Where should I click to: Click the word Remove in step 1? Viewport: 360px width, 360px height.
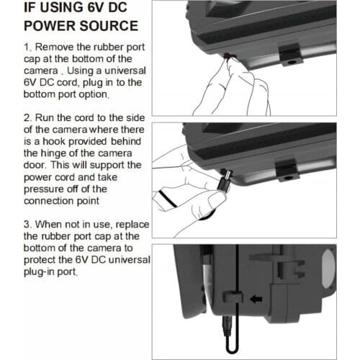coord(54,47)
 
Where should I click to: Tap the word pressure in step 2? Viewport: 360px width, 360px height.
coord(45,189)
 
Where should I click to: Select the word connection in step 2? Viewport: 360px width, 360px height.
coord(49,201)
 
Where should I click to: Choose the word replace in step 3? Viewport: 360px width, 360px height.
coord(132,225)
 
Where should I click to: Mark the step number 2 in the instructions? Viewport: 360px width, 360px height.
coord(27,118)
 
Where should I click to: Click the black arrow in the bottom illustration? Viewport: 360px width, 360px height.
coord(256,299)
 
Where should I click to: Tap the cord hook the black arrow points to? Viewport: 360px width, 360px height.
coord(233,297)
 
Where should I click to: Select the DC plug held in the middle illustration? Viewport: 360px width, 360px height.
coord(225,180)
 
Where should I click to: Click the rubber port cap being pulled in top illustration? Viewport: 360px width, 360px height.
coord(229,56)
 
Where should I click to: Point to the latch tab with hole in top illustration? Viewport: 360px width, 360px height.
coord(291,56)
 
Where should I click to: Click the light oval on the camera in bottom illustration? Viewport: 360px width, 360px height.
coord(328,269)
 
